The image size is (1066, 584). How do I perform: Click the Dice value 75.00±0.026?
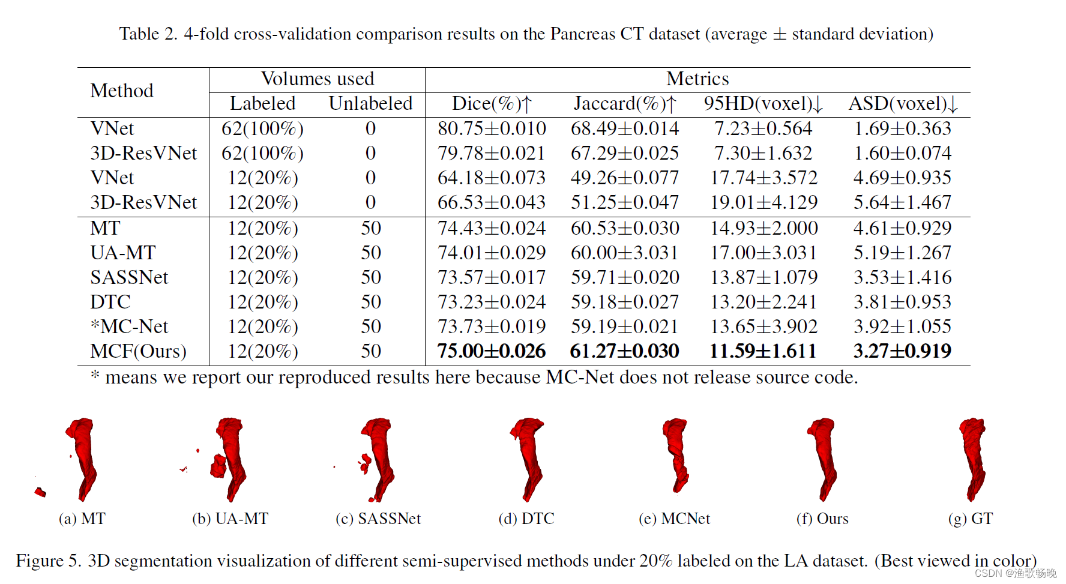[x=491, y=351]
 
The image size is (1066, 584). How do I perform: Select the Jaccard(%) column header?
[x=624, y=104]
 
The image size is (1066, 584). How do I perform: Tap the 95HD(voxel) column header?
[x=763, y=104]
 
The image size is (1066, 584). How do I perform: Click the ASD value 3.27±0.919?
[x=902, y=351]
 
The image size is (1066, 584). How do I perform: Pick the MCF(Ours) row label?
[x=138, y=351]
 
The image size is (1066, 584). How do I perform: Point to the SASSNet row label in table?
[x=129, y=277]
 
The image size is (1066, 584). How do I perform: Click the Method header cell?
[x=122, y=91]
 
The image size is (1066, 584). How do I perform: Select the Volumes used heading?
[x=318, y=79]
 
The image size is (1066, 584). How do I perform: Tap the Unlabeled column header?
[x=370, y=104]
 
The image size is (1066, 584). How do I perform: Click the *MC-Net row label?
[x=129, y=327]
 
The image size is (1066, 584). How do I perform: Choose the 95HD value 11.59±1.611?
[x=763, y=351]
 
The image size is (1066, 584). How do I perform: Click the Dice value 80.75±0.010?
[x=491, y=128]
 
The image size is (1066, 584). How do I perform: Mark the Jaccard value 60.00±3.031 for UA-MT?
[x=624, y=253]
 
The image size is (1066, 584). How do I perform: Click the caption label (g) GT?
[x=971, y=519]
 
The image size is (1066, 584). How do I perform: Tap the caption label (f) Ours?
[x=822, y=519]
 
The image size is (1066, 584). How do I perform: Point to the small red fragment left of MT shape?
[x=40, y=492]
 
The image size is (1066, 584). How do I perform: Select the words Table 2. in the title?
[x=148, y=34]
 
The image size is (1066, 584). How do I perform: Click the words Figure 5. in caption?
[x=48, y=561]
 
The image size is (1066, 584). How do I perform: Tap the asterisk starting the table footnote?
[x=95, y=376]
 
